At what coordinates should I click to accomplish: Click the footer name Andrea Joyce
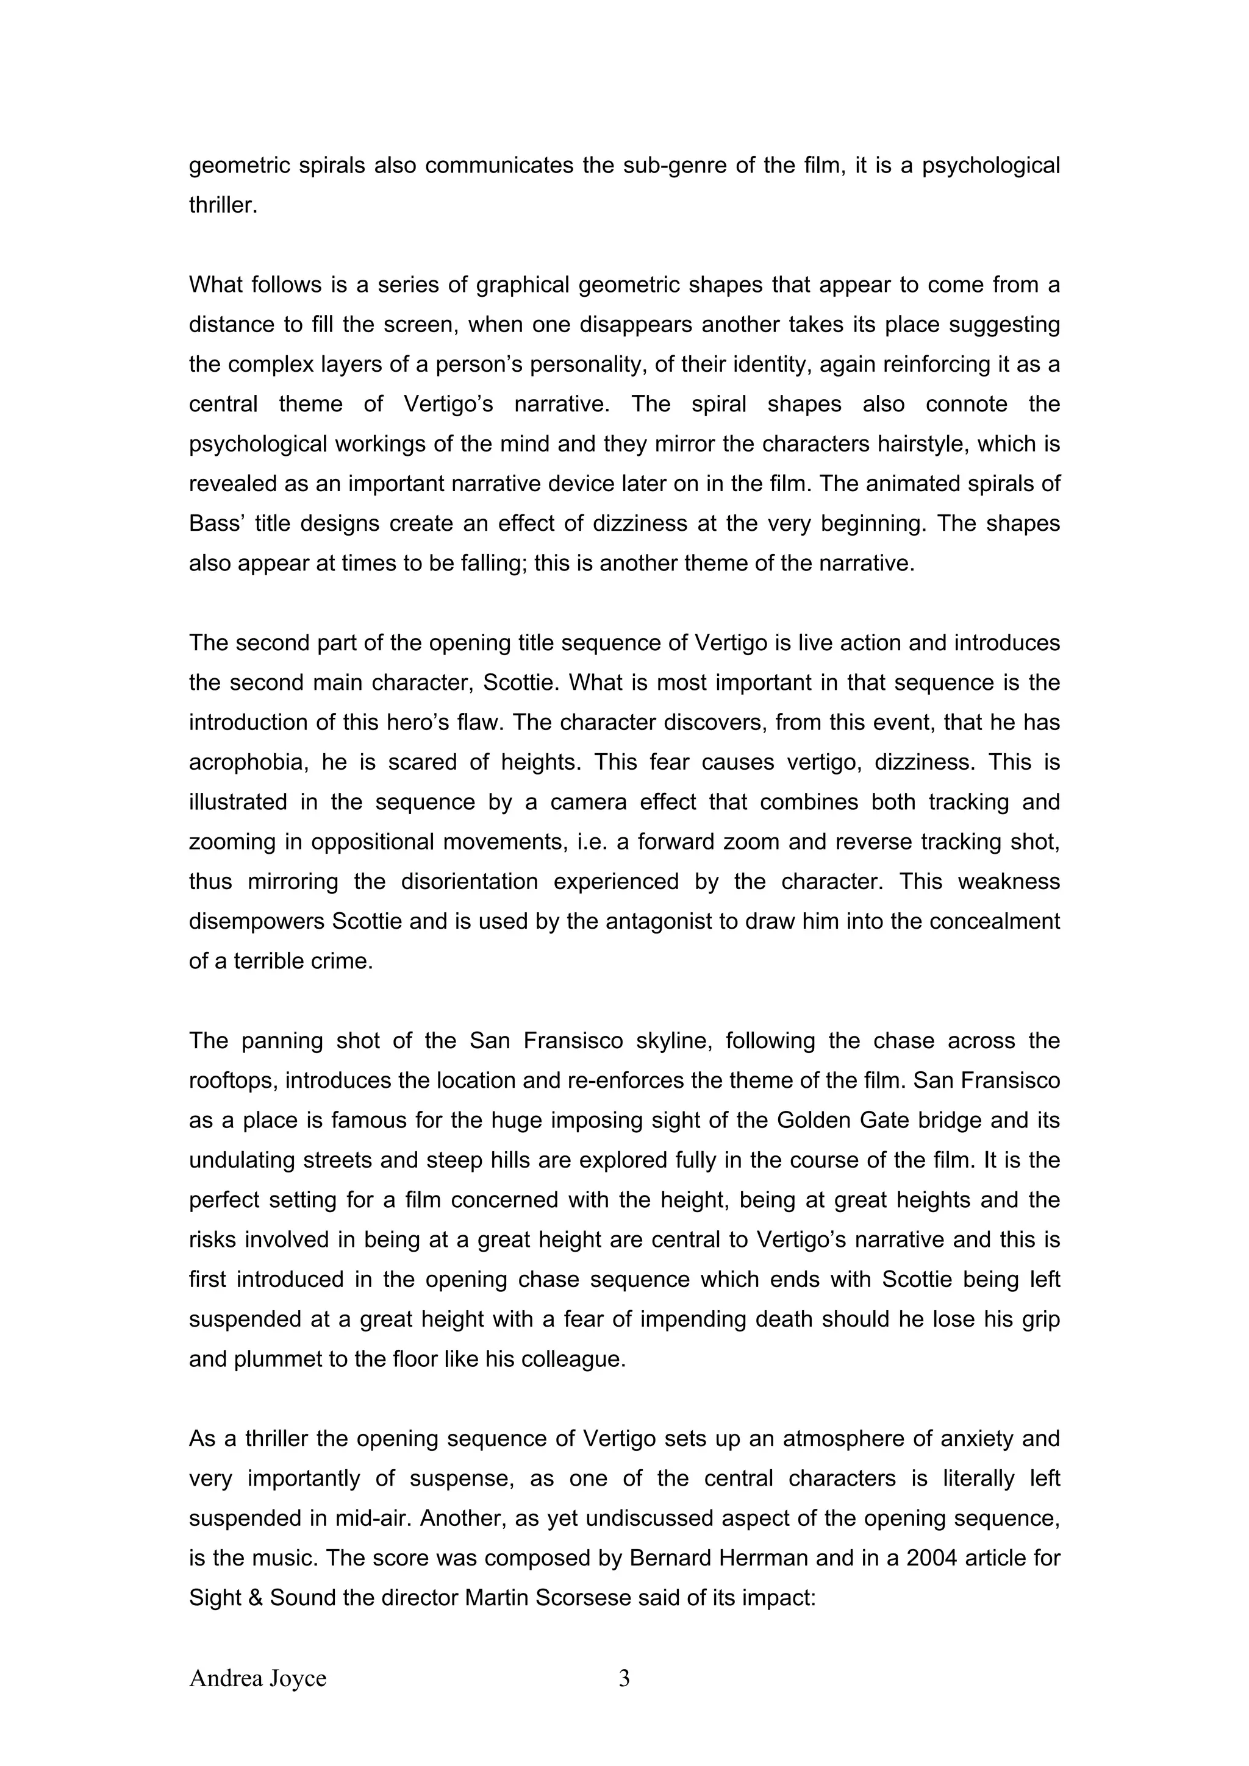click(x=258, y=1678)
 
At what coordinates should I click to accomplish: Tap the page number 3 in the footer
click(x=624, y=1678)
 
